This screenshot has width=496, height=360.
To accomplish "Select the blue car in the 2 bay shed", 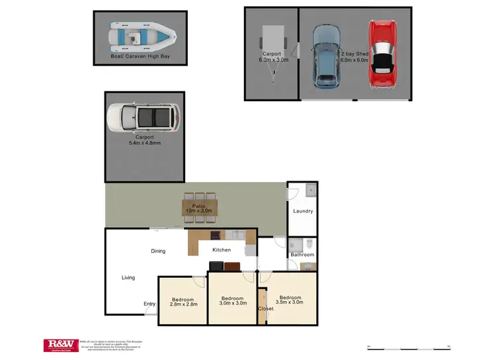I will [325, 56].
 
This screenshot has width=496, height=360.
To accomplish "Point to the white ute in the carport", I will [142, 118].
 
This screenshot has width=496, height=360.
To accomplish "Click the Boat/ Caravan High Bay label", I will [138, 66].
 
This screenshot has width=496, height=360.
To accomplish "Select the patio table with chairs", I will [199, 206].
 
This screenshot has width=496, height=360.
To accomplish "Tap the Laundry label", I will [302, 211].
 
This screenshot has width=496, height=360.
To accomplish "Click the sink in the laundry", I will [311, 193].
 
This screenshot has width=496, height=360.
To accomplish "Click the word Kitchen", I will [221, 250].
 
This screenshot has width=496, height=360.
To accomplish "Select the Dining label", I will [158, 251].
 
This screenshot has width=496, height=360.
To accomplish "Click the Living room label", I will [128, 277].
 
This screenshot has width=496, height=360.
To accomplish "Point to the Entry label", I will [150, 304].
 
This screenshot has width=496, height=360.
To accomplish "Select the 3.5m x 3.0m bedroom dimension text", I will [291, 302].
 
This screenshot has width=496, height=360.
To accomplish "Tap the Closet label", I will [265, 308].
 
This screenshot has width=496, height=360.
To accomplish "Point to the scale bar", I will [408, 346].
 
